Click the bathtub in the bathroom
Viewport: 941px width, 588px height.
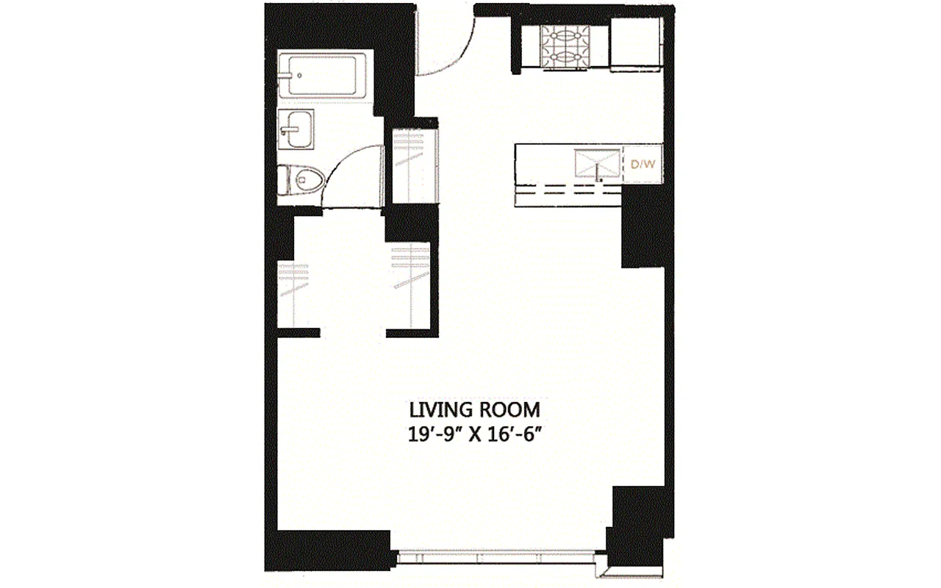pos(323,76)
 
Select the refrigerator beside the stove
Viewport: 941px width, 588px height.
pos(637,44)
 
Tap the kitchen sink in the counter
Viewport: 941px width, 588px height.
pos(596,162)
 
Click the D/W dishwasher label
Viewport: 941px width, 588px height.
pos(643,165)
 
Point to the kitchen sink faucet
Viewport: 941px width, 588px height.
pos(599,177)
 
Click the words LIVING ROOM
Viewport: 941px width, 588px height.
pos(474,409)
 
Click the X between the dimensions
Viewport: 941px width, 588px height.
pos(476,434)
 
